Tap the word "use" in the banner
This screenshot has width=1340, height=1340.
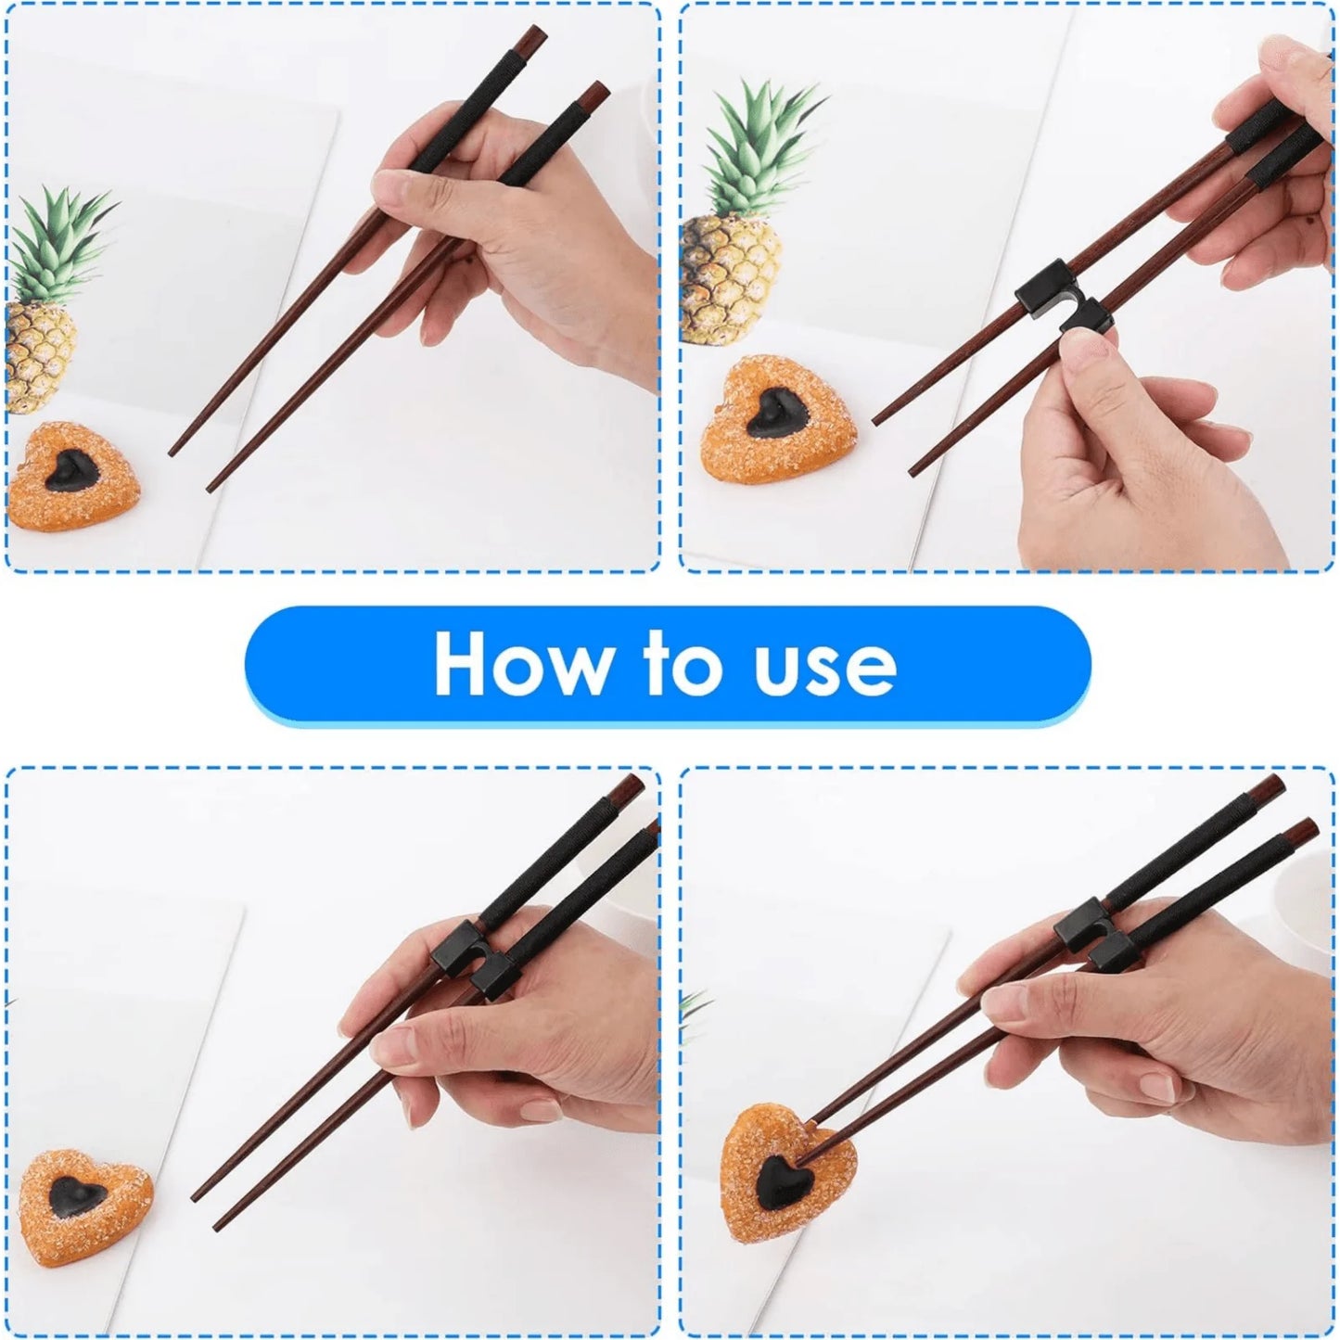pyautogui.click(x=826, y=665)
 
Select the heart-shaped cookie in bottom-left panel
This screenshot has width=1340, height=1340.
pyautogui.click(x=86, y=1206)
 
